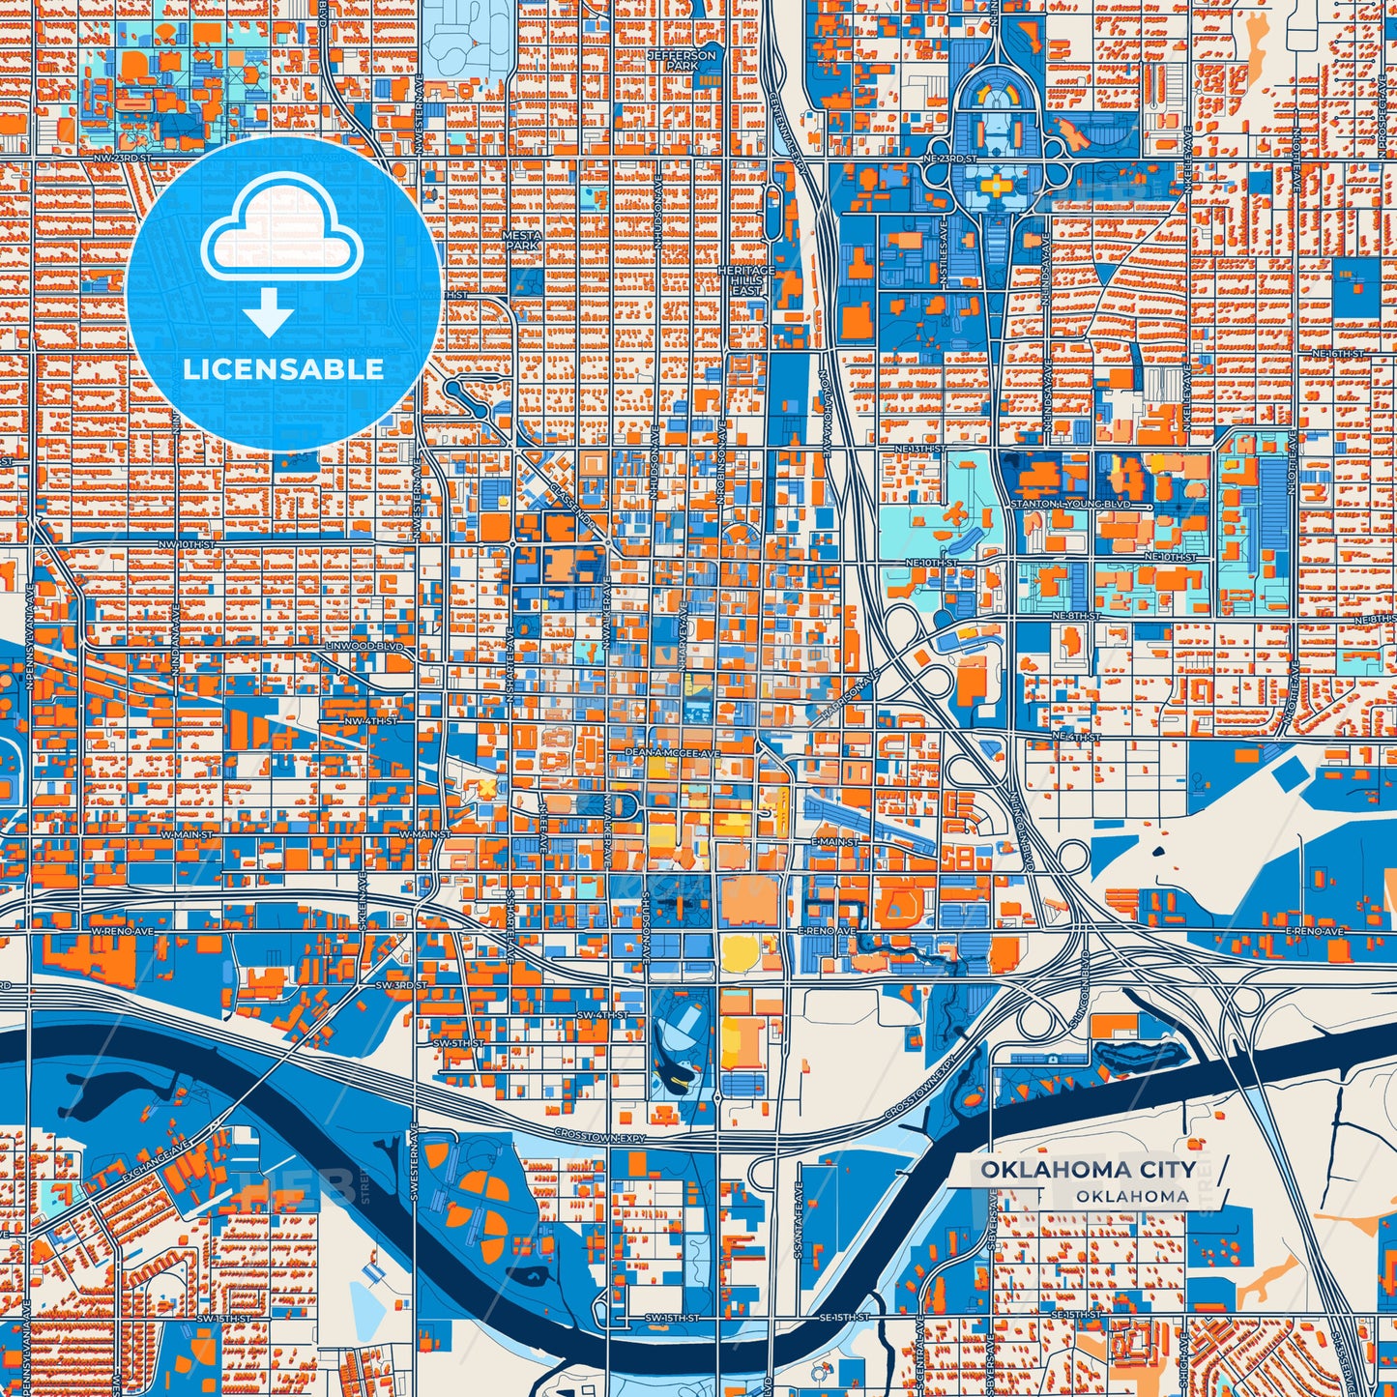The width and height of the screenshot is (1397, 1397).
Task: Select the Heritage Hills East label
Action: (746, 280)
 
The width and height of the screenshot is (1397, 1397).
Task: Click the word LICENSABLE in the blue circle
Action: (283, 368)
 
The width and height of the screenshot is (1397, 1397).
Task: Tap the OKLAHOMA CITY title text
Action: (1088, 1169)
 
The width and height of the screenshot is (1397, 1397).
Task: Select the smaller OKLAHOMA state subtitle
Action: (1132, 1196)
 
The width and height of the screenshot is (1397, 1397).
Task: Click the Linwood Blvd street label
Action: (364, 645)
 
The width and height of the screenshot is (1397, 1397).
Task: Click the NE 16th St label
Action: (1337, 355)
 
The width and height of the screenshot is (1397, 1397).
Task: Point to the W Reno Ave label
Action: (123, 930)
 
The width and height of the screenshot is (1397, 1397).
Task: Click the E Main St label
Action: (833, 842)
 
